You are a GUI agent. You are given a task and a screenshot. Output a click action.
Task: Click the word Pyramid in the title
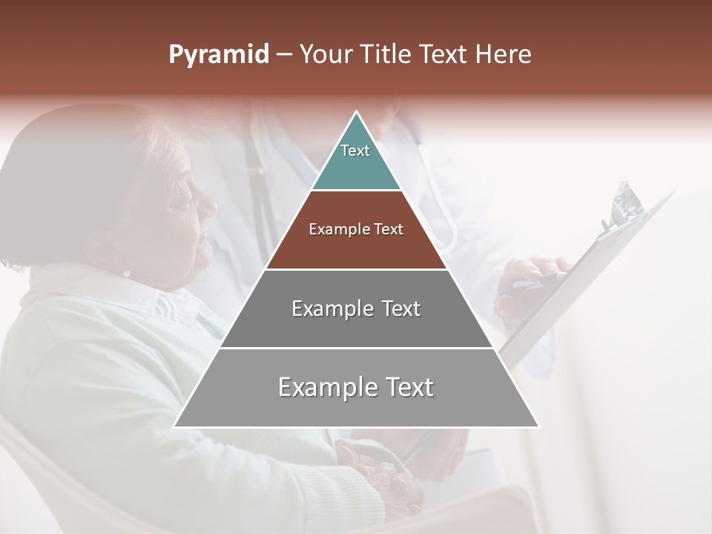click(218, 55)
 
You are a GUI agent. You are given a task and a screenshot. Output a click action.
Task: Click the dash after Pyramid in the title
click(283, 55)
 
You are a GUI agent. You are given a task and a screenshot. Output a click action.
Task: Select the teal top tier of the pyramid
click(356, 167)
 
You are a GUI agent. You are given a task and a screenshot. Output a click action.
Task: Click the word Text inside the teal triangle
click(355, 151)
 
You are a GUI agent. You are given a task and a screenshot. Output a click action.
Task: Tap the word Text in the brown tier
click(389, 229)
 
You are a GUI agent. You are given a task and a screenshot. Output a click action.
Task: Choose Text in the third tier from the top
click(401, 309)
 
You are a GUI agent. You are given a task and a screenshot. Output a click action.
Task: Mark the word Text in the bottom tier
click(409, 387)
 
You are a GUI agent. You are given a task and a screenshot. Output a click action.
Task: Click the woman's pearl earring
click(126, 273)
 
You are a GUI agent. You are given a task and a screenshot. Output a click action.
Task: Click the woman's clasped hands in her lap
click(371, 467)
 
